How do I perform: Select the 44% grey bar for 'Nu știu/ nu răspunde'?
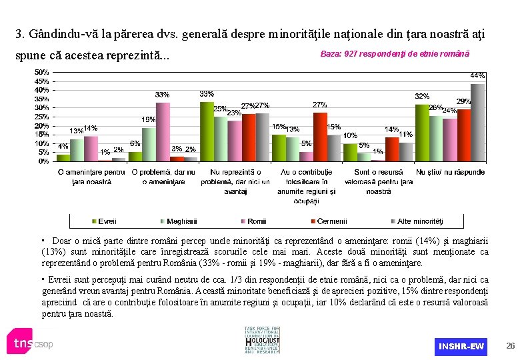(x=477, y=123)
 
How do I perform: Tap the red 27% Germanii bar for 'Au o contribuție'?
(x=320, y=137)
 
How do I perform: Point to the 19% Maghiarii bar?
(x=148, y=144)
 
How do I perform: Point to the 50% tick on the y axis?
(x=41, y=71)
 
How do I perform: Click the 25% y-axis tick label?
(x=41, y=116)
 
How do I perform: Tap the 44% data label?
(x=478, y=75)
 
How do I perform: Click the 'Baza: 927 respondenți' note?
(x=395, y=53)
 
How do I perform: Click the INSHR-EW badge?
(x=461, y=346)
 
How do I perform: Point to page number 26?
(x=511, y=346)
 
